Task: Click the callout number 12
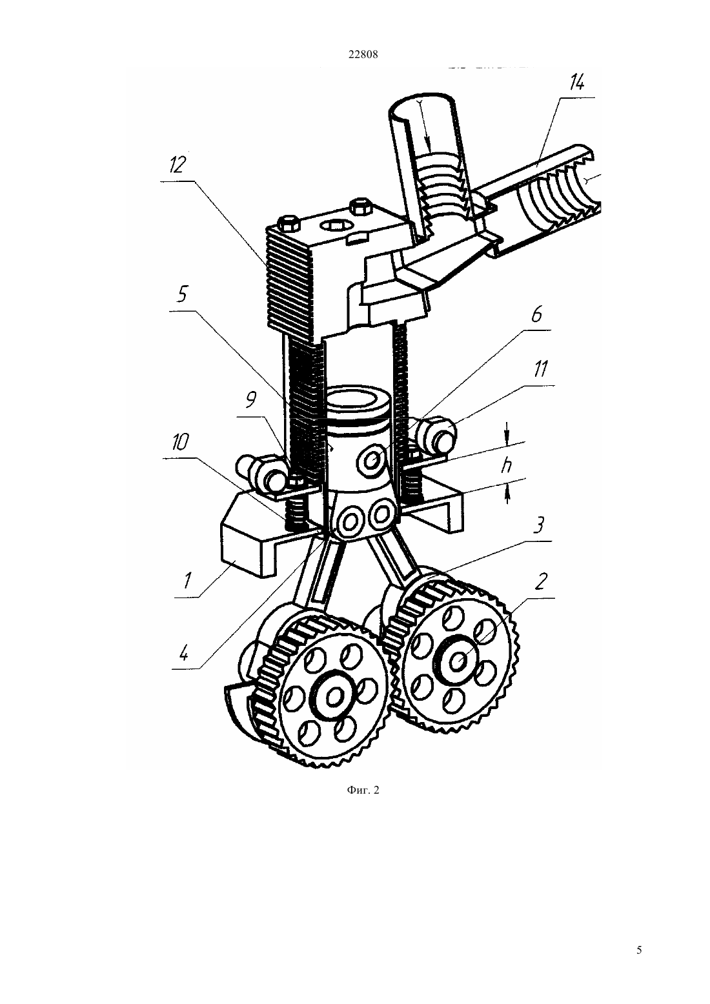pyautogui.click(x=177, y=166)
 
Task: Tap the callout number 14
pyautogui.click(x=576, y=83)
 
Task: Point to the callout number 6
pyautogui.click(x=536, y=314)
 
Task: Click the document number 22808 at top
pyautogui.click(x=363, y=55)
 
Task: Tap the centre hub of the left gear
pyautogui.click(x=334, y=696)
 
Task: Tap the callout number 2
pyautogui.click(x=540, y=581)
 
